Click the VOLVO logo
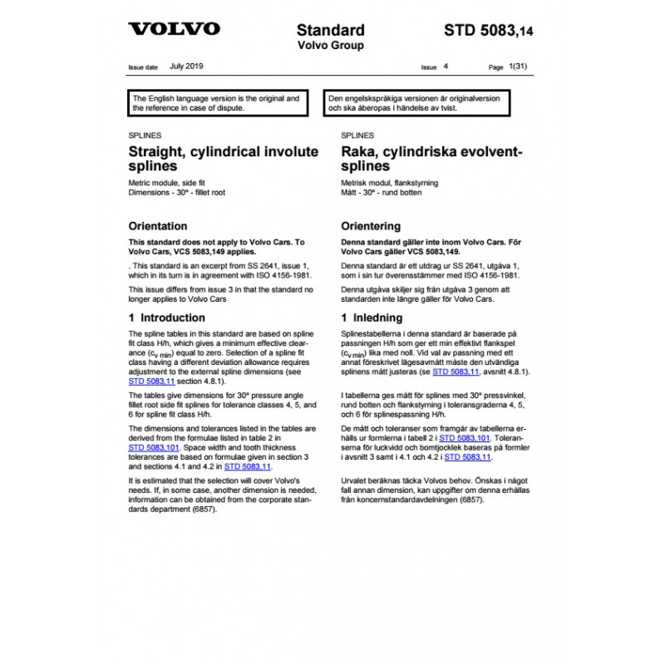coord(174,29)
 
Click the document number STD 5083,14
coord(489,31)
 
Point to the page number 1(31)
coord(518,66)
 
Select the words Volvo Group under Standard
coord(330,46)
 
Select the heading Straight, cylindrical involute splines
coord(223,158)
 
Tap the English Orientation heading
coord(158,226)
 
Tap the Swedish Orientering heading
coord(371,226)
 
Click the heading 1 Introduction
coord(167,318)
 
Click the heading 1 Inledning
coord(372,318)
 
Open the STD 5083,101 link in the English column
coord(155,446)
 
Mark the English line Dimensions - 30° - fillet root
coord(177,192)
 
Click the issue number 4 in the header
coord(446,66)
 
